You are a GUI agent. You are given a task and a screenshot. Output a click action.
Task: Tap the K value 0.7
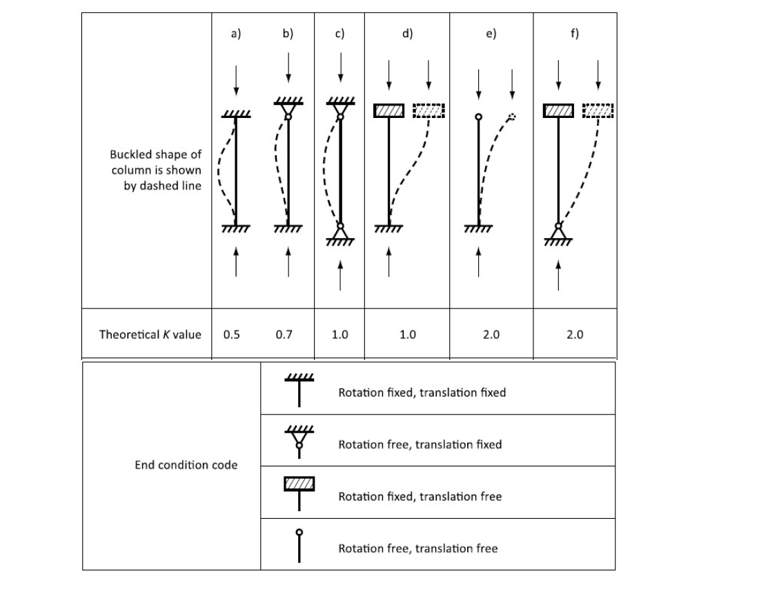pos(284,335)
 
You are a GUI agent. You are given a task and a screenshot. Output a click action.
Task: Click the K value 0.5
pos(232,335)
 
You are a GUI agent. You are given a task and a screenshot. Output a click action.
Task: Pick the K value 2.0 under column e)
pos(491,335)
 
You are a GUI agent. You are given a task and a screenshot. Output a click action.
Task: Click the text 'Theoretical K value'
pos(150,335)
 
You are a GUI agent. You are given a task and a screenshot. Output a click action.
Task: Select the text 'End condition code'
pos(186,465)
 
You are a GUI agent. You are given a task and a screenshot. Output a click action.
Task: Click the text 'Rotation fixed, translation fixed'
pos(422,393)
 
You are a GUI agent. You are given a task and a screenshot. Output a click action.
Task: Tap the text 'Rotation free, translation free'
pos(417,548)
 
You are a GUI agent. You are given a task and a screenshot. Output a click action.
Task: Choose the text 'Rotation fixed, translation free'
pos(420,497)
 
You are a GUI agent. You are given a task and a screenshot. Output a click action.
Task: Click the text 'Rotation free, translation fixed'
pos(420,444)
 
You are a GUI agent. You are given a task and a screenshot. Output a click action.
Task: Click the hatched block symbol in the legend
pos(299,484)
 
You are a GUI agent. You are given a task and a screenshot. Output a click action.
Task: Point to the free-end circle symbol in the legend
pos(299,533)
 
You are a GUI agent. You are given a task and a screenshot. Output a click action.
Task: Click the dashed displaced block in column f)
pos(598,110)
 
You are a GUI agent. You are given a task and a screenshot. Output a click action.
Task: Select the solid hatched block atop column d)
pos(389,110)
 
